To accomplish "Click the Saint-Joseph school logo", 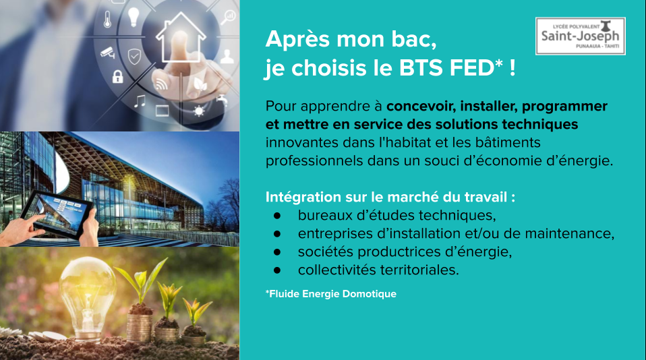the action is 580,36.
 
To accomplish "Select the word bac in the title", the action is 413,40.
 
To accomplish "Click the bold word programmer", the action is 564,107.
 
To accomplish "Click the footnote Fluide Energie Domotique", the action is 331,294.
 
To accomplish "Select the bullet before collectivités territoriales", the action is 277,270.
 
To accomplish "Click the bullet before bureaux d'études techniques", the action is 277,216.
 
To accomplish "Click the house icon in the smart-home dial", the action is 180,37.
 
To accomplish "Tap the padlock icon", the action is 118,76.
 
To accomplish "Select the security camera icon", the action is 108,53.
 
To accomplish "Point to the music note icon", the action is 140,101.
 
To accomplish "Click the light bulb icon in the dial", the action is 134,17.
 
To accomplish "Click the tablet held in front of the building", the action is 57,214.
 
